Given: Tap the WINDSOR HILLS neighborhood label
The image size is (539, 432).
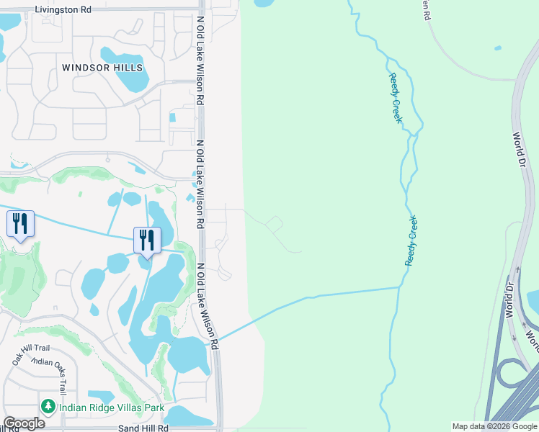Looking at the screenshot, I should (102, 68).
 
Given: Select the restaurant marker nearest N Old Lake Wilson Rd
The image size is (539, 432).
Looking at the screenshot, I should (147, 240).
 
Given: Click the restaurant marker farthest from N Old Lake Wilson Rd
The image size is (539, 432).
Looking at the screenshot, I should (21, 224).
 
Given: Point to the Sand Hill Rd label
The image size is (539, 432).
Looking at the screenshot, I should (143, 428).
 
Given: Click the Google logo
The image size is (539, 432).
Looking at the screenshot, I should (24, 423).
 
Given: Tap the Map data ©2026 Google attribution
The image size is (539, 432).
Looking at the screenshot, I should (494, 426).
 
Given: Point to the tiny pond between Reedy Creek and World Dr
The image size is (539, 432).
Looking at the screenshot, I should (498, 48).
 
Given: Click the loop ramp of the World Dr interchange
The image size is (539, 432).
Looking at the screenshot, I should (513, 374).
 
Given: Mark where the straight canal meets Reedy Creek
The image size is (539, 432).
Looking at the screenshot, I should (400, 287).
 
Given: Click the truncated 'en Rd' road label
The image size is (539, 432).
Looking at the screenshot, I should (427, 9).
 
